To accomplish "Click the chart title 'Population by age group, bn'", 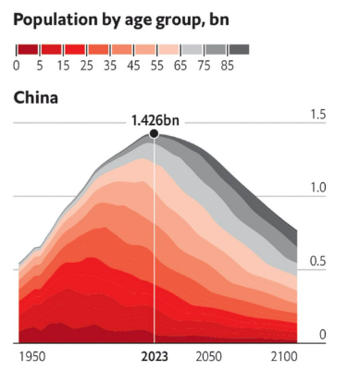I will tap(120, 19).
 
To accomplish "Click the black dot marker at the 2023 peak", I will tap(154, 133).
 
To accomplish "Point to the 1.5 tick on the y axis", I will tap(317, 114).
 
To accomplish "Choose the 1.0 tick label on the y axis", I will tap(317, 188).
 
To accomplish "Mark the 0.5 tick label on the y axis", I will tap(317, 262).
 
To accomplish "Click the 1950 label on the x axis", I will tap(33, 355).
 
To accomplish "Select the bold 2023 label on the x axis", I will tap(154, 355).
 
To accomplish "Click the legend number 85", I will tap(228, 65).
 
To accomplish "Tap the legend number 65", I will tap(180, 65).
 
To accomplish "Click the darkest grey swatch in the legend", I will tap(239, 49).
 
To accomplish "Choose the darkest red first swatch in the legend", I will tap(28, 49).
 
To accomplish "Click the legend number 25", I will tap(86, 65).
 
